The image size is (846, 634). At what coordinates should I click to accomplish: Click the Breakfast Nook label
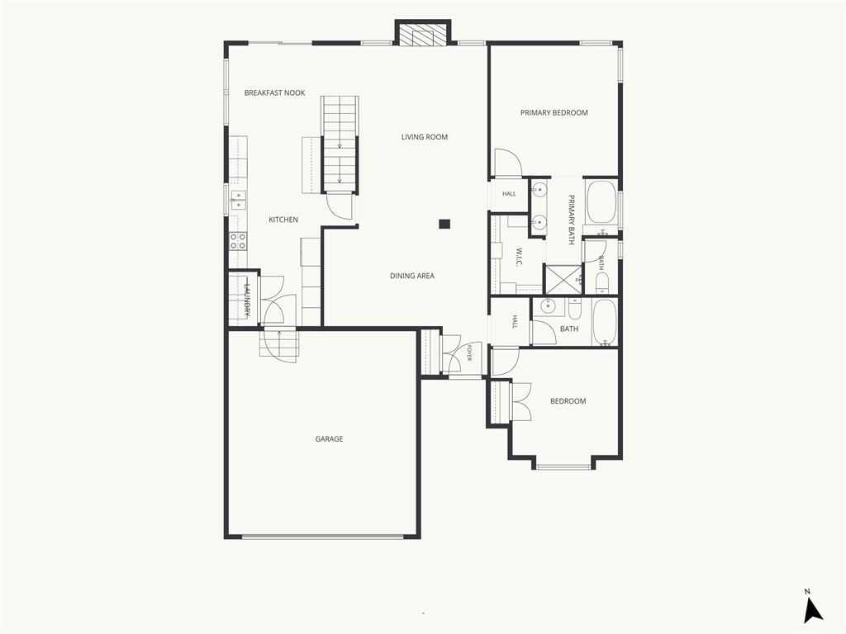pyautogui.click(x=274, y=92)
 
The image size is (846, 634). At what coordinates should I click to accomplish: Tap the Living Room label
pyautogui.click(x=424, y=137)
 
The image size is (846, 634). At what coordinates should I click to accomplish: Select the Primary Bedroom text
pyautogui.click(x=554, y=112)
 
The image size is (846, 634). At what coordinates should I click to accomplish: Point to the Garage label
pyautogui.click(x=329, y=439)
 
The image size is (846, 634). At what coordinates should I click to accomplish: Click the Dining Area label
pyautogui.click(x=412, y=276)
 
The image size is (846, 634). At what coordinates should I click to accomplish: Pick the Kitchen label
pyautogui.click(x=283, y=220)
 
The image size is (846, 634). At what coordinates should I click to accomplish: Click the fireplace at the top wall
pyautogui.click(x=423, y=34)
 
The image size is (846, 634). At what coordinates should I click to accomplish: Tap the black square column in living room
pyautogui.click(x=444, y=224)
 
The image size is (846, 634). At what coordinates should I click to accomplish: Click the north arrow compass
pyautogui.click(x=813, y=609)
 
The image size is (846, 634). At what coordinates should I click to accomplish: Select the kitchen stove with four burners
pyautogui.click(x=239, y=240)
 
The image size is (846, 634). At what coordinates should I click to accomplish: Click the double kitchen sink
pyautogui.click(x=238, y=200)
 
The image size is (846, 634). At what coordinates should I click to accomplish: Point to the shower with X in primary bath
pyautogui.click(x=563, y=279)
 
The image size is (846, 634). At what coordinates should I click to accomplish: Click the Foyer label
pyautogui.click(x=469, y=352)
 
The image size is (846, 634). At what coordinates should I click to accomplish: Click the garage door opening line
pyautogui.click(x=322, y=537)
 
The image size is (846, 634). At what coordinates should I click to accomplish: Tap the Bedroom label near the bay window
pyautogui.click(x=568, y=401)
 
